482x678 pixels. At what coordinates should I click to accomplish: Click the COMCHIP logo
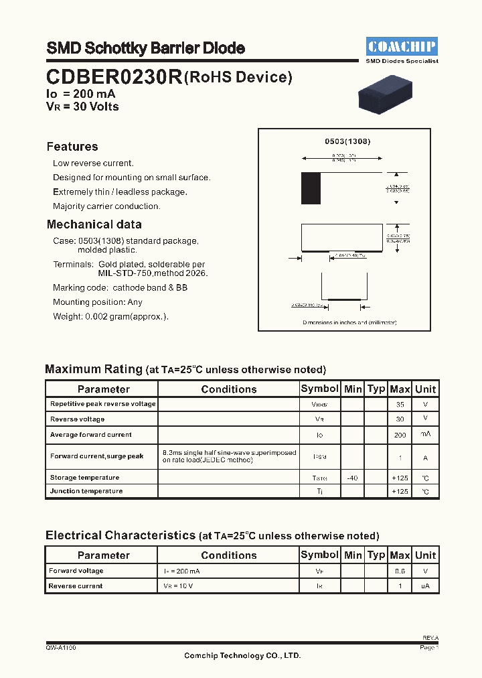402,46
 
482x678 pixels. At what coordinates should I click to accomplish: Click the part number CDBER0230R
114,78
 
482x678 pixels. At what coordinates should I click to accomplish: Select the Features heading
72,147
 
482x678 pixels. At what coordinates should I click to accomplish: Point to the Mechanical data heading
94,224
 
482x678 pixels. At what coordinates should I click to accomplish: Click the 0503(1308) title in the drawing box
347,142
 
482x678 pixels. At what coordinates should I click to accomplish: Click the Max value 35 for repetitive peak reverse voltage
400,405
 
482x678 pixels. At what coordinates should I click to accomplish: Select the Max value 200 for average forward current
400,435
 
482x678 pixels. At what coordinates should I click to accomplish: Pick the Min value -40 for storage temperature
352,478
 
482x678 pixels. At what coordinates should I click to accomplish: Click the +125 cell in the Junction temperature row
400,492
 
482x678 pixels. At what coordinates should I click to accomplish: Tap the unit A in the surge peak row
425,456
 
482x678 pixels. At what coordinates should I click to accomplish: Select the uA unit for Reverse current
425,586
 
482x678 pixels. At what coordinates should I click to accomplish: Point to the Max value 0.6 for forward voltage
400,571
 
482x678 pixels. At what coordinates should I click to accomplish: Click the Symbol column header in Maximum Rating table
320,389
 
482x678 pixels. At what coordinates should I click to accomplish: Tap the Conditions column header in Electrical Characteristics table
228,555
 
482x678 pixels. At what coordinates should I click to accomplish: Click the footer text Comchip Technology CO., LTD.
242,656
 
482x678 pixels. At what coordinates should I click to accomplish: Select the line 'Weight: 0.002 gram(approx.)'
110,316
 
